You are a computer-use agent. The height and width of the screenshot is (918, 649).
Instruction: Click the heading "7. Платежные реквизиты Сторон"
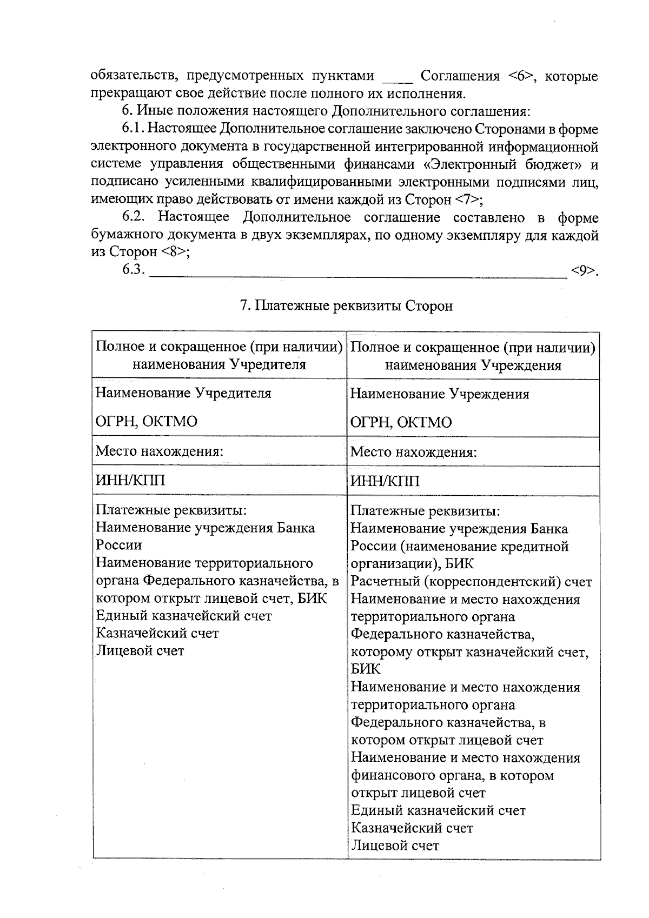click(x=346, y=306)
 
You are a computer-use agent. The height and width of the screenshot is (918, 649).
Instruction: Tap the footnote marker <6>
click(x=522, y=76)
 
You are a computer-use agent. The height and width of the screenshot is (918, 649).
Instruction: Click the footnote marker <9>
click(x=584, y=270)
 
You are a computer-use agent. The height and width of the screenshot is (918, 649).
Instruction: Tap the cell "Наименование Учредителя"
click(x=183, y=393)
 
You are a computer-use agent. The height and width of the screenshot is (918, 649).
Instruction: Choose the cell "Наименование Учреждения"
click(x=440, y=394)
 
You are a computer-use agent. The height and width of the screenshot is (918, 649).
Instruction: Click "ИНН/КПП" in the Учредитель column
click(x=130, y=480)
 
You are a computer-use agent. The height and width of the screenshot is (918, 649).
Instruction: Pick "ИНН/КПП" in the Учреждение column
click(x=385, y=481)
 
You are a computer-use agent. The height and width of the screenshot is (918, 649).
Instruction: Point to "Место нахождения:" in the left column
click(x=160, y=451)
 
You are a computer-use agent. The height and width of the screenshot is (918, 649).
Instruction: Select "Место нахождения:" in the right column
click(x=413, y=451)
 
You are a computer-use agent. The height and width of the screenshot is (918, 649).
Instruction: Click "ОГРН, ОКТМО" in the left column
click(x=146, y=422)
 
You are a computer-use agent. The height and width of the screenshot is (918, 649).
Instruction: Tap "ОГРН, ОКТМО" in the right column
click(x=401, y=422)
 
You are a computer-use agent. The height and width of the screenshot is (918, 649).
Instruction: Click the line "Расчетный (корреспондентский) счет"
click(x=471, y=582)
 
